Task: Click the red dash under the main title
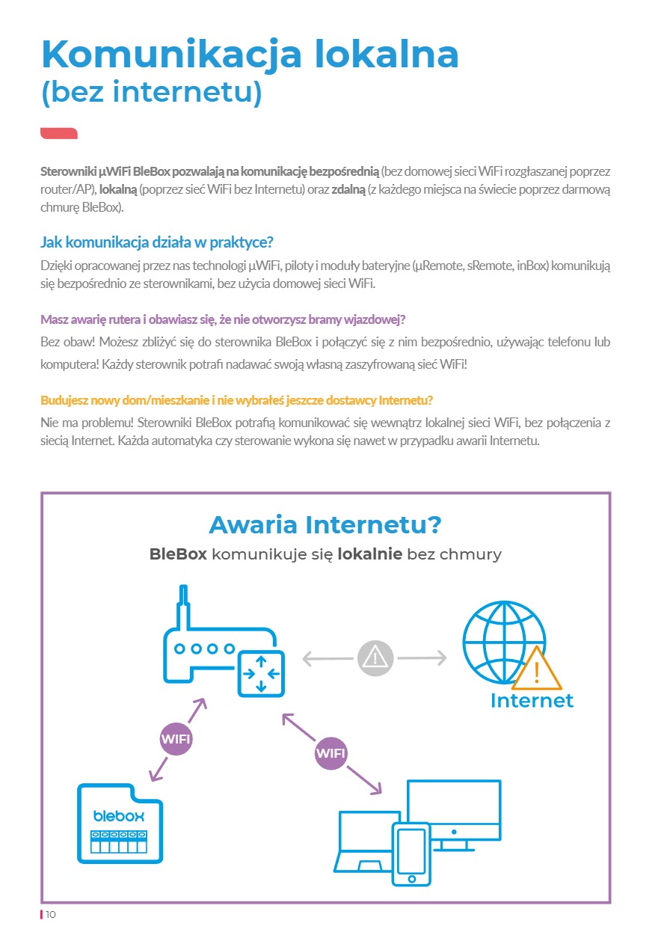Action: tap(59, 133)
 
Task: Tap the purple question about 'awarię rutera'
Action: tap(223, 319)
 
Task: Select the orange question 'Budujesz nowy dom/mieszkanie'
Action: tap(237, 399)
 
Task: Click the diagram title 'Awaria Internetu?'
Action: tap(325, 524)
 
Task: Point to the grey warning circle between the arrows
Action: tap(375, 658)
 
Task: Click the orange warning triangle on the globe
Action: tap(537, 670)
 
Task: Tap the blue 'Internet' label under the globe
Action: tap(532, 701)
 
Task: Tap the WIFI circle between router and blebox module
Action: tap(176, 740)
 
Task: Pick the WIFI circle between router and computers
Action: tap(331, 753)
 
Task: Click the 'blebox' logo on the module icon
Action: tap(119, 815)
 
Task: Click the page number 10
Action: tap(51, 915)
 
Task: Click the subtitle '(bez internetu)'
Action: tap(152, 94)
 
